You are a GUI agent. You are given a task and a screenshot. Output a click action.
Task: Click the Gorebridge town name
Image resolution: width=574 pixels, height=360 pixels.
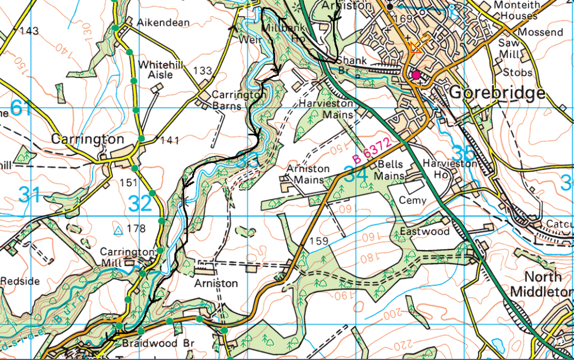(497, 93)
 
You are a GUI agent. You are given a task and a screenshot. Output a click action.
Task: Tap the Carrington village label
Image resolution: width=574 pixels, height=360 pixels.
(87, 139)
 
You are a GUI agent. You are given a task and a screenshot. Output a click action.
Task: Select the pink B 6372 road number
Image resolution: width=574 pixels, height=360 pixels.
(372, 151)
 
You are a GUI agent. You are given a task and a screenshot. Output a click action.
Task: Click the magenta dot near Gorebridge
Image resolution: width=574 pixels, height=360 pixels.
(415, 75)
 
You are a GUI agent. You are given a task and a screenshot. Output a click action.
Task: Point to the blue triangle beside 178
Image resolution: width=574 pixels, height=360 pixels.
(118, 230)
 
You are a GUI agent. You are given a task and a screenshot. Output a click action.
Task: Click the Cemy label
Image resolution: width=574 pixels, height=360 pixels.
(413, 201)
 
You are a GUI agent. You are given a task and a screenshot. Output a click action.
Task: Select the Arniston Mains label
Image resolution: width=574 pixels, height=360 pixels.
(308, 174)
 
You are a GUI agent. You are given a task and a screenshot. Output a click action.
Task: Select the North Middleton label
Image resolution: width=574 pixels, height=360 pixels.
(542, 284)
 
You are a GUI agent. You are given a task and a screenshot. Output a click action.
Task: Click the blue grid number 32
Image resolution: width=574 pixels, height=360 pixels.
(140, 204)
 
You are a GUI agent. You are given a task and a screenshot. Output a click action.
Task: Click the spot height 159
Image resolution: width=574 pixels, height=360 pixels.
(319, 242)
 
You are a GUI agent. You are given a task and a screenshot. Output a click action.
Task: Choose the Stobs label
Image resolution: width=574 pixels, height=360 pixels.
(517, 72)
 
